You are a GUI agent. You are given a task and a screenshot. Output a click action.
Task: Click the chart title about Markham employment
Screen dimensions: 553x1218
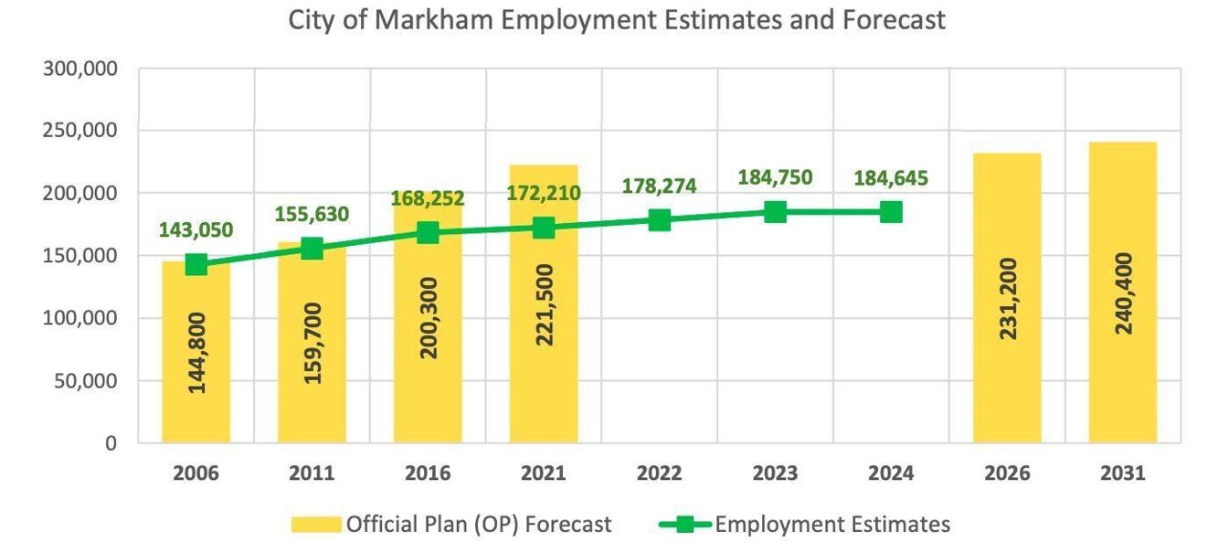pos(617,20)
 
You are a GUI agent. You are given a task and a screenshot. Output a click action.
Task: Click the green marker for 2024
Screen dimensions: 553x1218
pos(891,212)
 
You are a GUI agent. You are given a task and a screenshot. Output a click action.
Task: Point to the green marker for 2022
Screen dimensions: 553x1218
pos(660,219)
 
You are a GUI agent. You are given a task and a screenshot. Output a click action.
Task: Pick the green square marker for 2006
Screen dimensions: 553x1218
pos(196,264)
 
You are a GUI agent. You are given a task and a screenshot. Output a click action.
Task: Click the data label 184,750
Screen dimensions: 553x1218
pos(775,177)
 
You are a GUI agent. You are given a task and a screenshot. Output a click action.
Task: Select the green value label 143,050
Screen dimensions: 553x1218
pos(196,230)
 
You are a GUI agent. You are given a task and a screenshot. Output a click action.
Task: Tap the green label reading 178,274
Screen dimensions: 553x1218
pos(659,186)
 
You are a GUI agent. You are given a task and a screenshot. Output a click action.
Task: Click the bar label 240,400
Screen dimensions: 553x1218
pos(1124,293)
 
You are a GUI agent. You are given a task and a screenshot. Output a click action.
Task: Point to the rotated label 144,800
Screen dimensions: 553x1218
pos(196,352)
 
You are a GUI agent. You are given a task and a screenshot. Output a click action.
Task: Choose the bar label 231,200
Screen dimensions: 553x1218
pos(1008,298)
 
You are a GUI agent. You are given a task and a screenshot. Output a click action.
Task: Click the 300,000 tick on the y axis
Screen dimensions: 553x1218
pos(80,69)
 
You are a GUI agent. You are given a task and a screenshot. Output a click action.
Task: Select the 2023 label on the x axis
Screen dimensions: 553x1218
pos(775,473)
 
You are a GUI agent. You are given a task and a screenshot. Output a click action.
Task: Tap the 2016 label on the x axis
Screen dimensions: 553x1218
pos(428,473)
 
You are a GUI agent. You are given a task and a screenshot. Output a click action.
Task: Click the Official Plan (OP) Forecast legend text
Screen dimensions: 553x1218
pos(479,525)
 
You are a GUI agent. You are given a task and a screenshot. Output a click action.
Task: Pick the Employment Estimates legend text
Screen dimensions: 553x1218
pos(832,525)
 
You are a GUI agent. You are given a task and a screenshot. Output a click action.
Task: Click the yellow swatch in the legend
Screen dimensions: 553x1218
pos(316,525)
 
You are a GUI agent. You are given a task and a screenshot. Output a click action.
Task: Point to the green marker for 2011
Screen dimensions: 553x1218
pos(312,248)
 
